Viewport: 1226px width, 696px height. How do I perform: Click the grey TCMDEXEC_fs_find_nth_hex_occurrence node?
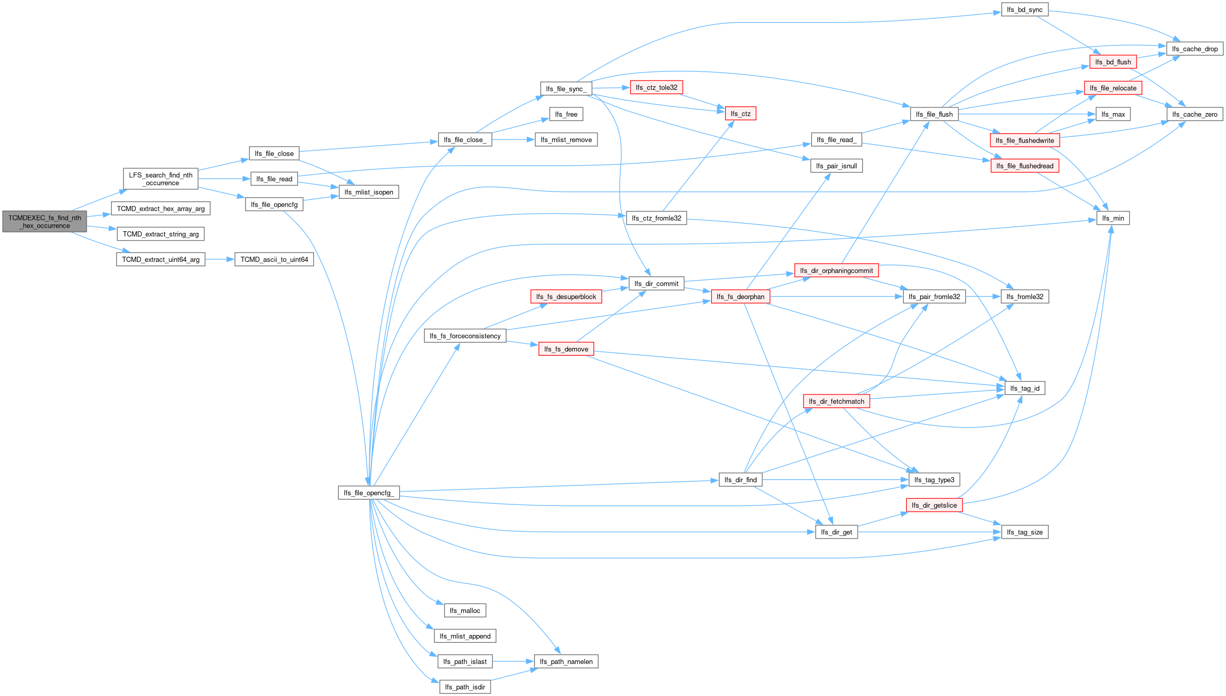[44, 222]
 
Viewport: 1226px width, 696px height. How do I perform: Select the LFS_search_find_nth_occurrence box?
[161, 179]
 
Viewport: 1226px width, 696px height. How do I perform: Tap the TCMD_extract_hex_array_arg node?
[161, 209]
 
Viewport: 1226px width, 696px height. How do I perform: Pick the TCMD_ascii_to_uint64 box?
[274, 259]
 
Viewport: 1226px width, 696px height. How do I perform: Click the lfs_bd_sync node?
[1025, 10]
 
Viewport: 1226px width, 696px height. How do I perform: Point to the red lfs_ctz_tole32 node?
[656, 88]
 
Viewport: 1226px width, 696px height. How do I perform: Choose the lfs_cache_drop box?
[1194, 49]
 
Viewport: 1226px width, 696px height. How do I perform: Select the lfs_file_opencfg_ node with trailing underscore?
[369, 493]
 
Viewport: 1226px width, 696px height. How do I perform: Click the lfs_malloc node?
[465, 611]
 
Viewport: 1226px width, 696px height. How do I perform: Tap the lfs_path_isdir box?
[465, 687]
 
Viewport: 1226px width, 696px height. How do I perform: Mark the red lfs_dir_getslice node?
[934, 505]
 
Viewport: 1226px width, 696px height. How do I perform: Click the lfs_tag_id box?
[1025, 388]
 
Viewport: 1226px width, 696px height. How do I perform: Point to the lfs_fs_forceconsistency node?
[465, 336]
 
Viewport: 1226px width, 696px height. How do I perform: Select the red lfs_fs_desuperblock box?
[566, 297]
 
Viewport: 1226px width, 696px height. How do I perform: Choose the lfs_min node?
[1113, 218]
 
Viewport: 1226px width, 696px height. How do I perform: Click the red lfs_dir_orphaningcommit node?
[836, 271]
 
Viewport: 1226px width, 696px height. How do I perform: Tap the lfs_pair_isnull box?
[836, 166]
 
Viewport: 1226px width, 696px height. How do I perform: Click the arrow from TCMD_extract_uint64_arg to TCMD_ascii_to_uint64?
[220, 259]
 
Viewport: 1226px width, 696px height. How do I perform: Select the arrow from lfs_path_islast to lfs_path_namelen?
[513, 661]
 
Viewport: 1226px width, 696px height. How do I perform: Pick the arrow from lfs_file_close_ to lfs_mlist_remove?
[513, 139]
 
